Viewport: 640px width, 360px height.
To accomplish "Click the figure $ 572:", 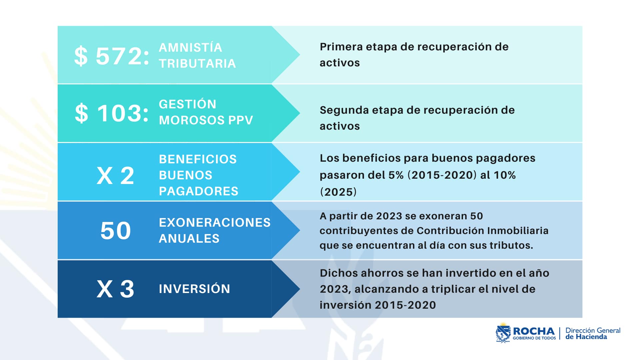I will (112, 56).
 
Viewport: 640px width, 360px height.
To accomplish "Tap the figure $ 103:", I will (112, 113).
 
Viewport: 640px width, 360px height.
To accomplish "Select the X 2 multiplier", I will (115, 176).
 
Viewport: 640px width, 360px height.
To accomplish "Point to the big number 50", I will (116, 231).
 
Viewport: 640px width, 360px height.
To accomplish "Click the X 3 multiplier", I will (115, 289).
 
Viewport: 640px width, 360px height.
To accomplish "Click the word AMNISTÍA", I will (190, 48).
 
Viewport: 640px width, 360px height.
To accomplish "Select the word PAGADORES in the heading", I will (199, 191).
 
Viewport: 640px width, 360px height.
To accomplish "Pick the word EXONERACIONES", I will (215, 223).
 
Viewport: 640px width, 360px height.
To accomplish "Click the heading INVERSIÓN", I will (194, 289).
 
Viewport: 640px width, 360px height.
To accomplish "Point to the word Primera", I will (341, 47).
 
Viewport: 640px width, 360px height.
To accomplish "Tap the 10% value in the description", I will (504, 175).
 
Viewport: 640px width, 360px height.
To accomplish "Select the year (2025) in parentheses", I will (338, 192).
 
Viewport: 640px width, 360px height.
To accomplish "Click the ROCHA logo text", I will (534, 331).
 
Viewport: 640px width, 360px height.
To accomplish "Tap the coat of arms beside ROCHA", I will (503, 333).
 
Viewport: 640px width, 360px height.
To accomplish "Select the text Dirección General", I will (593, 330).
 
